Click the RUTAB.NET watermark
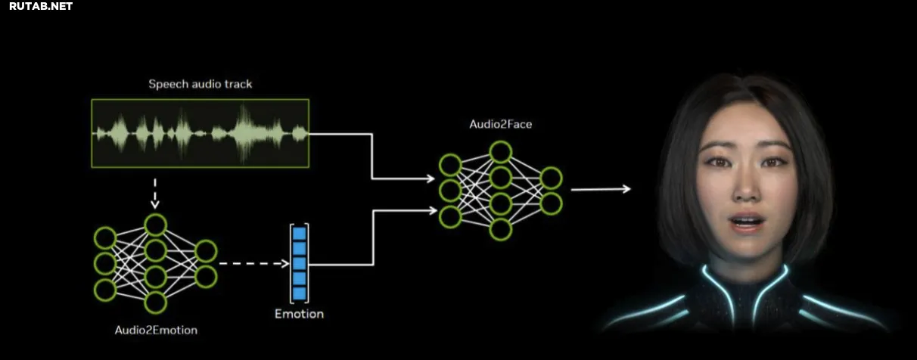pos(41,6)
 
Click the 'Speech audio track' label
pos(200,84)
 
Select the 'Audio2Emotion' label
pos(156,331)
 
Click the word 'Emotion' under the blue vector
pos(300,314)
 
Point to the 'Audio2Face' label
pos(501,124)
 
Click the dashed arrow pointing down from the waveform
pos(155,194)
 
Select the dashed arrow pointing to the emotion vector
pos(254,263)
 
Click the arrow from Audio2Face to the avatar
pos(601,189)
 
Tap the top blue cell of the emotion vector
pos(300,234)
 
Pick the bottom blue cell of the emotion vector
pos(300,293)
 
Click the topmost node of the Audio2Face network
pos(501,152)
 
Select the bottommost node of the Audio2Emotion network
pos(155,303)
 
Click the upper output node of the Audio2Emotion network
pos(206,251)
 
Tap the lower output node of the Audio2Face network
pos(551,204)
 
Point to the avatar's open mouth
pos(748,223)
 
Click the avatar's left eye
pos(718,163)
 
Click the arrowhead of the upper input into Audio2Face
pos(431,178)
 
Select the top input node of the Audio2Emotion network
pos(105,238)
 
